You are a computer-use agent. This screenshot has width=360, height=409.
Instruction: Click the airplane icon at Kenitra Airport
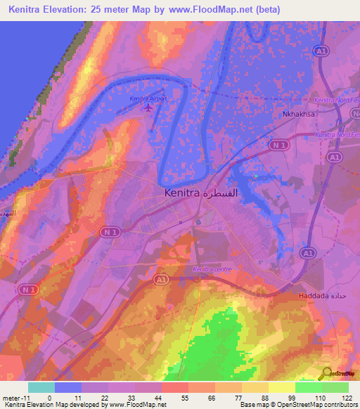[x=147, y=108]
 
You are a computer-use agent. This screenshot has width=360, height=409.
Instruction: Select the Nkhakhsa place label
[x=297, y=111]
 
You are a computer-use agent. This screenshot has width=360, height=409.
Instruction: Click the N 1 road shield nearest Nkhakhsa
[x=280, y=145]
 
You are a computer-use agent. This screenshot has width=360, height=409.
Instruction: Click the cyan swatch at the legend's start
[x=41, y=387]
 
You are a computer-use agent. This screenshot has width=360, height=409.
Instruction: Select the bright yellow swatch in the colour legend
[x=282, y=387]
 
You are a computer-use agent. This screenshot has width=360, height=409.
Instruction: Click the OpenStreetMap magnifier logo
[x=326, y=373]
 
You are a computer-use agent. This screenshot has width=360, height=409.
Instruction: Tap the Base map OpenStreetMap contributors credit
[x=298, y=405]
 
